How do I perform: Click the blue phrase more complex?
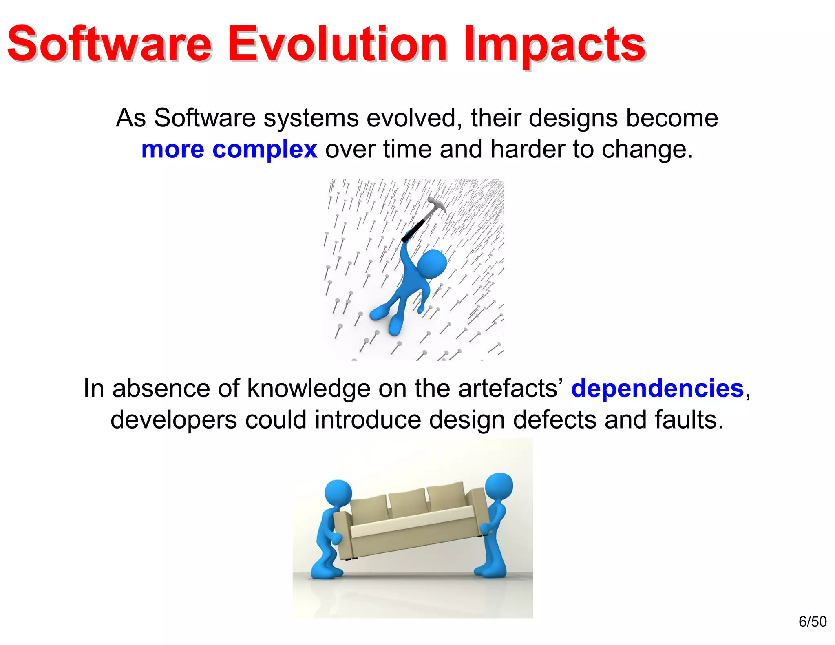tap(229, 149)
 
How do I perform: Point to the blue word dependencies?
tap(657, 388)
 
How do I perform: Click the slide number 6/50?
tap(812, 622)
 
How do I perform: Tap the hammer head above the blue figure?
tap(436, 204)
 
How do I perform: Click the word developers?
tap(174, 420)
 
